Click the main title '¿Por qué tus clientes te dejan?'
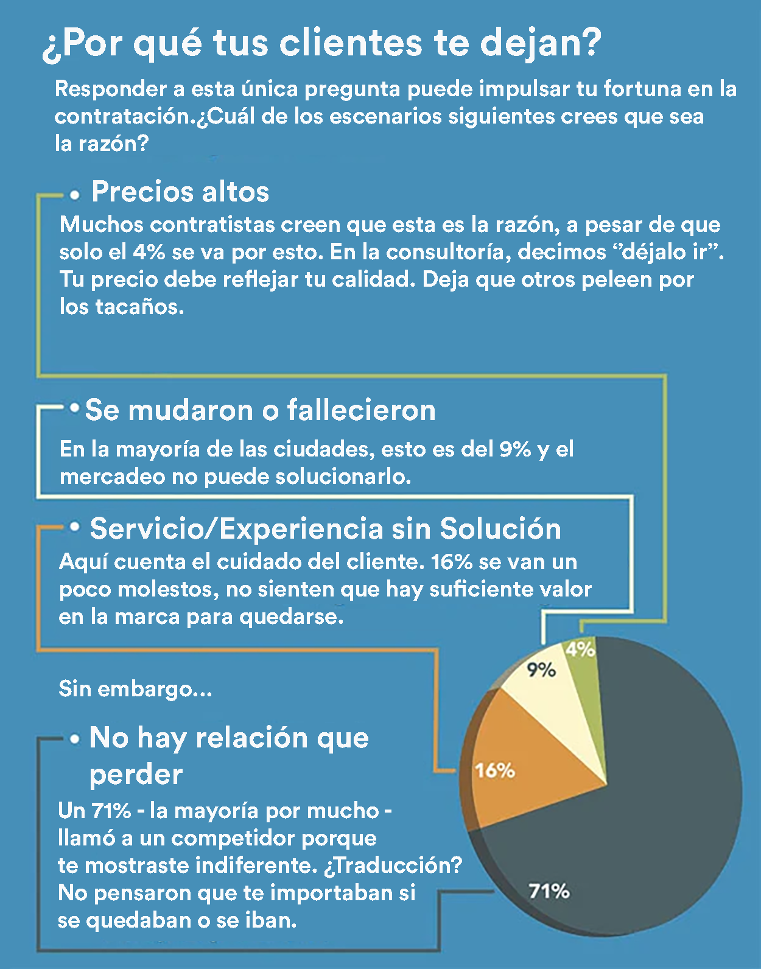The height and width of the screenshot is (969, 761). point(321,44)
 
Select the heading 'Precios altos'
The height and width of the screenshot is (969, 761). point(180,192)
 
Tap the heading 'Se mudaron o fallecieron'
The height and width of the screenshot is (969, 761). point(261,410)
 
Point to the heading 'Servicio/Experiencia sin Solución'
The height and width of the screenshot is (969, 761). point(325,528)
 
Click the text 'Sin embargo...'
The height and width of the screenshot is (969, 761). point(135,689)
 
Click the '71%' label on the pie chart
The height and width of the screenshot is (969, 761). point(549,892)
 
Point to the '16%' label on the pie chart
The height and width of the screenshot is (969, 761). point(495,771)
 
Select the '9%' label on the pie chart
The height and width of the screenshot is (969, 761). point(541,670)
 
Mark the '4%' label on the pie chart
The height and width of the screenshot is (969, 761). point(580,649)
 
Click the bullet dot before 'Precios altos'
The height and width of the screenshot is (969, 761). point(75,195)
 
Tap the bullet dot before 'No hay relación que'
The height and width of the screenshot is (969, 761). point(75,739)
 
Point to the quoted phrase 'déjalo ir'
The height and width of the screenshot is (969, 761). point(673,252)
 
